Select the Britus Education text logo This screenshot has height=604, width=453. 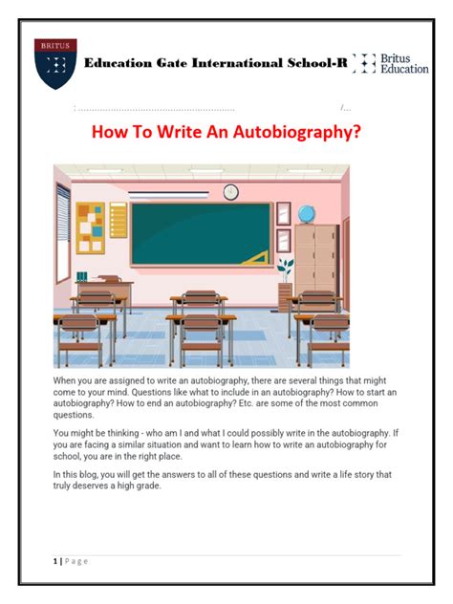point(393,64)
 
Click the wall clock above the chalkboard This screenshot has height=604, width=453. point(230,192)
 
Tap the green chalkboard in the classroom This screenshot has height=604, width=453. point(201,234)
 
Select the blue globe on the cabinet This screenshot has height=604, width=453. point(306,213)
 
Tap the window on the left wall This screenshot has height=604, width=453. point(62,229)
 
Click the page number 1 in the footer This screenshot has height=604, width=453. point(55,561)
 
